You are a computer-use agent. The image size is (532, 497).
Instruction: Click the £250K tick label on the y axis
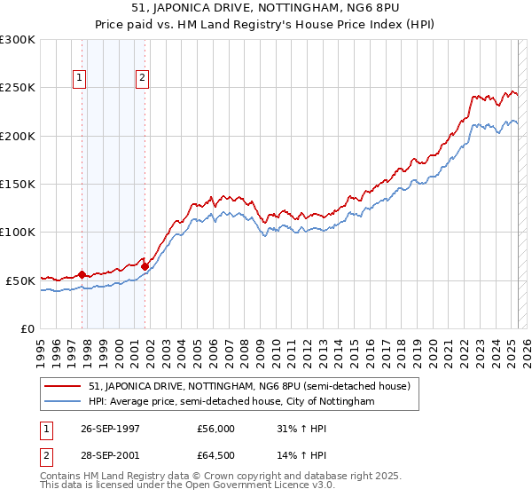(18, 88)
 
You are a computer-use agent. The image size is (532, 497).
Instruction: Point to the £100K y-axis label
(18, 232)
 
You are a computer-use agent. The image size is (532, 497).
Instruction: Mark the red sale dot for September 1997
(82, 274)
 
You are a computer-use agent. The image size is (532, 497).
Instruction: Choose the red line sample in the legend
(64, 387)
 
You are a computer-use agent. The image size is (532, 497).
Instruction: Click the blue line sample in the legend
(64, 402)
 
